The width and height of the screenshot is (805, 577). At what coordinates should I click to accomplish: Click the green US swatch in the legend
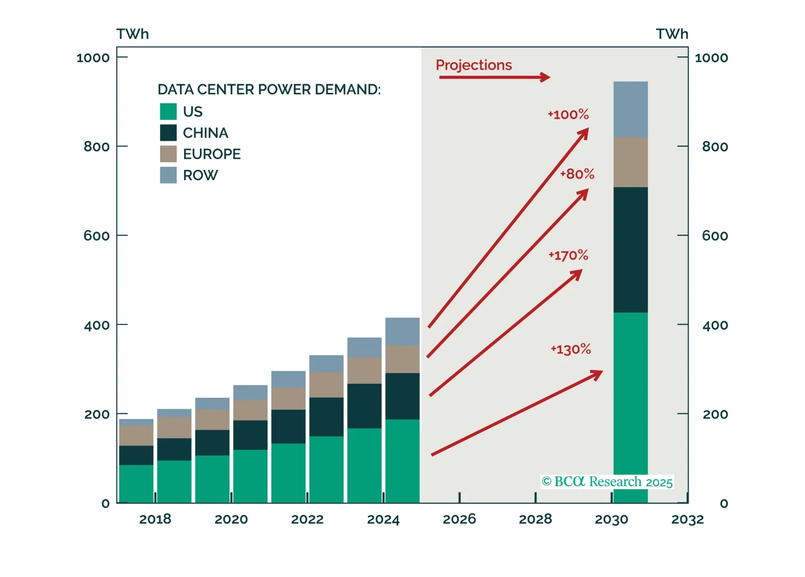point(168,111)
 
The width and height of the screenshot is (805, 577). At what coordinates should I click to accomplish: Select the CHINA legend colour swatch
point(168,133)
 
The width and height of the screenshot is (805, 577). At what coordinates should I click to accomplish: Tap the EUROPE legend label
point(211,154)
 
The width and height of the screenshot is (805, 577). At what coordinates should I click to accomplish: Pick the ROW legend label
point(200,175)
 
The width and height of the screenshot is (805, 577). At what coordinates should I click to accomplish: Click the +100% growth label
point(568,114)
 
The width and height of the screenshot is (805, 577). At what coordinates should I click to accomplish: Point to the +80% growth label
point(577,174)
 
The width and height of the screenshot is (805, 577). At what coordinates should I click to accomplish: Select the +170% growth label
point(568,255)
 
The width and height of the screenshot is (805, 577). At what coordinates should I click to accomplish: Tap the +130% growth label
point(570,349)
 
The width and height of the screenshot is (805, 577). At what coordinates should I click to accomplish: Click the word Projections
point(473,65)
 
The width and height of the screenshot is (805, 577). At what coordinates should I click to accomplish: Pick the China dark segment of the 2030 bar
point(630,250)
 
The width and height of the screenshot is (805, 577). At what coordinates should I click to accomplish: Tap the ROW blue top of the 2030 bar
point(630,109)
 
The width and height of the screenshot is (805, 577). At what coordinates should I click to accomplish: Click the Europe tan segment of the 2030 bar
point(630,162)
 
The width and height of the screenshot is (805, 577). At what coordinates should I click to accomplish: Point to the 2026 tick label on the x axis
point(459,519)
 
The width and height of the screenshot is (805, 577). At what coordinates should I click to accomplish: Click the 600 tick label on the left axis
point(96,236)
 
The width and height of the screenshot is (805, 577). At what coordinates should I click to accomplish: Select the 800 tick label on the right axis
point(715,147)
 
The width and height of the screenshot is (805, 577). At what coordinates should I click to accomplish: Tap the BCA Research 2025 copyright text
point(607,482)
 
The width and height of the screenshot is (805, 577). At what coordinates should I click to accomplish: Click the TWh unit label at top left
point(133,34)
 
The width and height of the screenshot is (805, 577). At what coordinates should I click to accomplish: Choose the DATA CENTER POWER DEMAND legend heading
point(269,89)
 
